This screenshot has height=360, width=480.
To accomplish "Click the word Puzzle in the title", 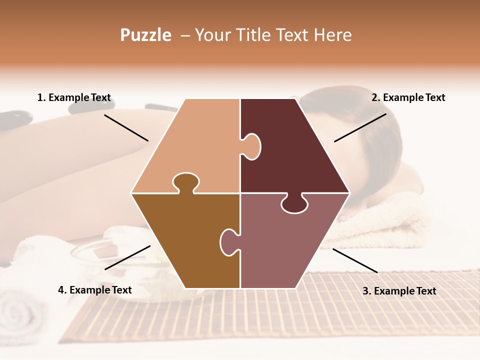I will [145, 35].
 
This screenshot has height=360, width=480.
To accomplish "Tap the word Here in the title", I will [332, 35].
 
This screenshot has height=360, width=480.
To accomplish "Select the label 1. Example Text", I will [74, 97].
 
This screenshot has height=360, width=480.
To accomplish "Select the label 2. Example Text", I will [408, 97].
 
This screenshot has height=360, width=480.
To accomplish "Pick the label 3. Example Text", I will [399, 291].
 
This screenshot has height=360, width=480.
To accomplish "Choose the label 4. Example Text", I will [95, 290].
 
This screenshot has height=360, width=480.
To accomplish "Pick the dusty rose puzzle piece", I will [290, 245].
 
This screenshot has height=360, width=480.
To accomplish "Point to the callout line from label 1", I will [126, 127].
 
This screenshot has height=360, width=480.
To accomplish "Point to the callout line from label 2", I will [360, 127].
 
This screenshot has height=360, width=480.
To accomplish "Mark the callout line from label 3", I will [355, 260].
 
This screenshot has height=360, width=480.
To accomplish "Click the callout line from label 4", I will [127, 257].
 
